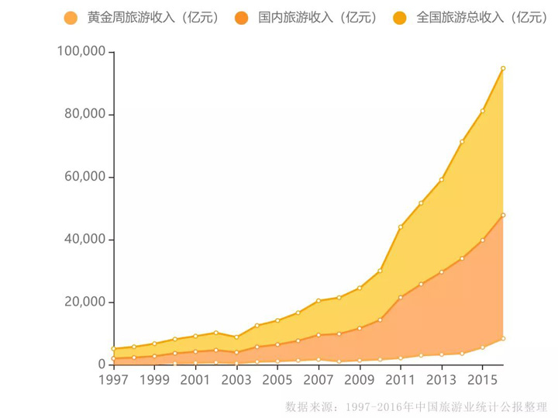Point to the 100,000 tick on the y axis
[x=81, y=52]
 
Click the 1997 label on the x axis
[x=114, y=381]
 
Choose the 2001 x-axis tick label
[x=195, y=381]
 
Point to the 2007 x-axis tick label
[x=319, y=381]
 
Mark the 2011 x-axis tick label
[x=401, y=381]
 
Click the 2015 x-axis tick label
[x=482, y=381]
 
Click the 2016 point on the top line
[x=503, y=68]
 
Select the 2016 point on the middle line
[x=503, y=215]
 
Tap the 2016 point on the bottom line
[x=503, y=338]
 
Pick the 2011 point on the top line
[x=401, y=226]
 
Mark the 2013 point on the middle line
[x=442, y=271]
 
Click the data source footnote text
[x=416, y=406]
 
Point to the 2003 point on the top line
[x=236, y=337]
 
